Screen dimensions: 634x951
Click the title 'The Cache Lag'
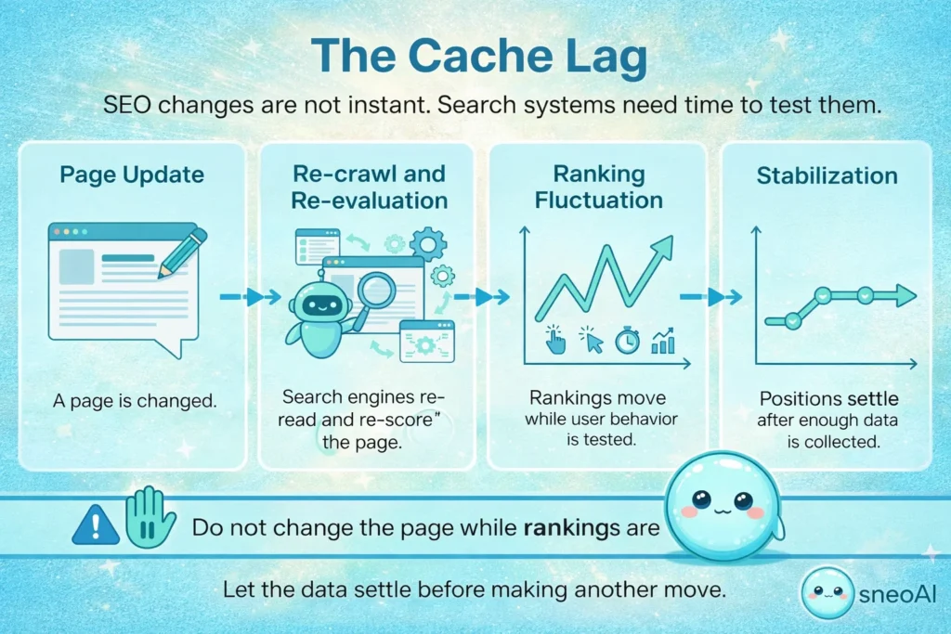pyautogui.click(x=475, y=56)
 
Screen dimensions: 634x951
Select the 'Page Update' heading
pyautogui.click(x=132, y=175)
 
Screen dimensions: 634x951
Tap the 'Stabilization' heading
pyautogui.click(x=827, y=175)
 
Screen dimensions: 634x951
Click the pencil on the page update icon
pyautogui.click(x=183, y=250)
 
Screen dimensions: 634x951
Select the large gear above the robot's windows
pyautogui.click(x=427, y=243)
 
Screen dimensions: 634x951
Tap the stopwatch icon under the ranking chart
pyautogui.click(x=627, y=341)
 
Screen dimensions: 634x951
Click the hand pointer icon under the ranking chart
pyautogui.click(x=555, y=340)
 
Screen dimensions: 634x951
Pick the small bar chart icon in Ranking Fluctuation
pyautogui.click(x=663, y=341)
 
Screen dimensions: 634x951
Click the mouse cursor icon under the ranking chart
pyautogui.click(x=591, y=340)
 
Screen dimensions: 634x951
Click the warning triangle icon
pyautogui.click(x=96, y=524)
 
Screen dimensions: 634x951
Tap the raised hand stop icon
pyautogui.click(x=150, y=518)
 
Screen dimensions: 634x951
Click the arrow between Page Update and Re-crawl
pyautogui.click(x=250, y=297)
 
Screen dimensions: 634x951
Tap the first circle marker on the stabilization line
pyautogui.click(x=792, y=320)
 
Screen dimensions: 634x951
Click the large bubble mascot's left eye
pyautogui.click(x=698, y=499)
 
